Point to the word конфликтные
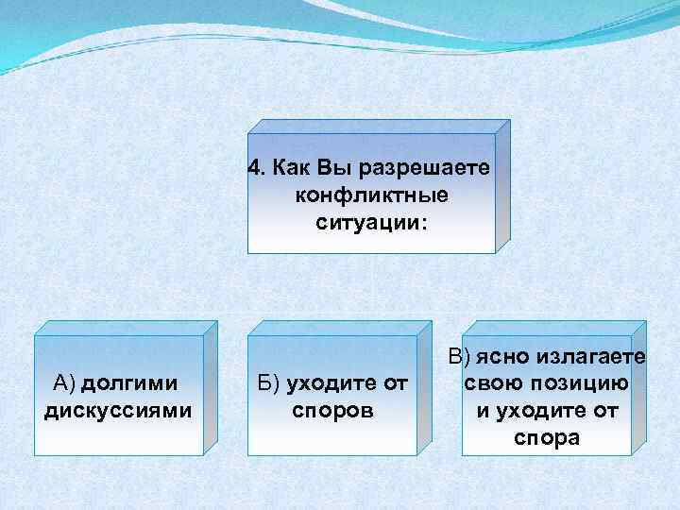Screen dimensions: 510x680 [371, 197]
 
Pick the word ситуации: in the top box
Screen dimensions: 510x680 [371, 224]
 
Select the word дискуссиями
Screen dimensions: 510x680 [118, 411]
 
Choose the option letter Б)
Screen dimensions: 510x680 [269, 383]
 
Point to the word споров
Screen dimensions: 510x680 [332, 411]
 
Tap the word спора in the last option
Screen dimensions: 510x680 [547, 439]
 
